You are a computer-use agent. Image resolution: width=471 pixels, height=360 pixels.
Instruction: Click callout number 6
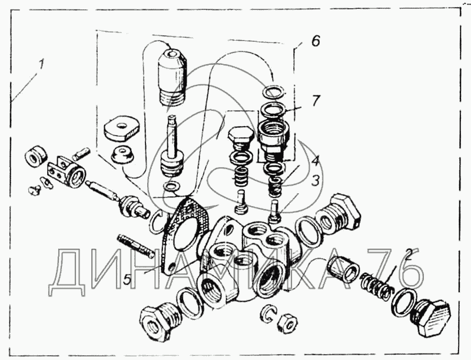(316, 41)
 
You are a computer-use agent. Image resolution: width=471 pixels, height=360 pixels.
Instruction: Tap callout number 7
(316, 101)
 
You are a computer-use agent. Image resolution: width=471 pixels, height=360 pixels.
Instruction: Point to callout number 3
(315, 181)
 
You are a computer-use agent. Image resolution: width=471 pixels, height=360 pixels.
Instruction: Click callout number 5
(127, 280)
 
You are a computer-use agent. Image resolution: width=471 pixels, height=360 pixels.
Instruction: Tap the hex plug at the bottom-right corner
(432, 317)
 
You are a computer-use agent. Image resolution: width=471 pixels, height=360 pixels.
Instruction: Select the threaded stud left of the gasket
(135, 246)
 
